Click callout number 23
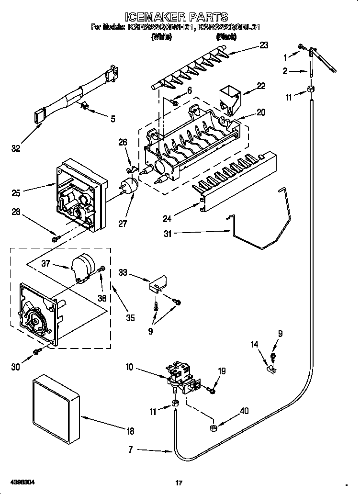point(264,45)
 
